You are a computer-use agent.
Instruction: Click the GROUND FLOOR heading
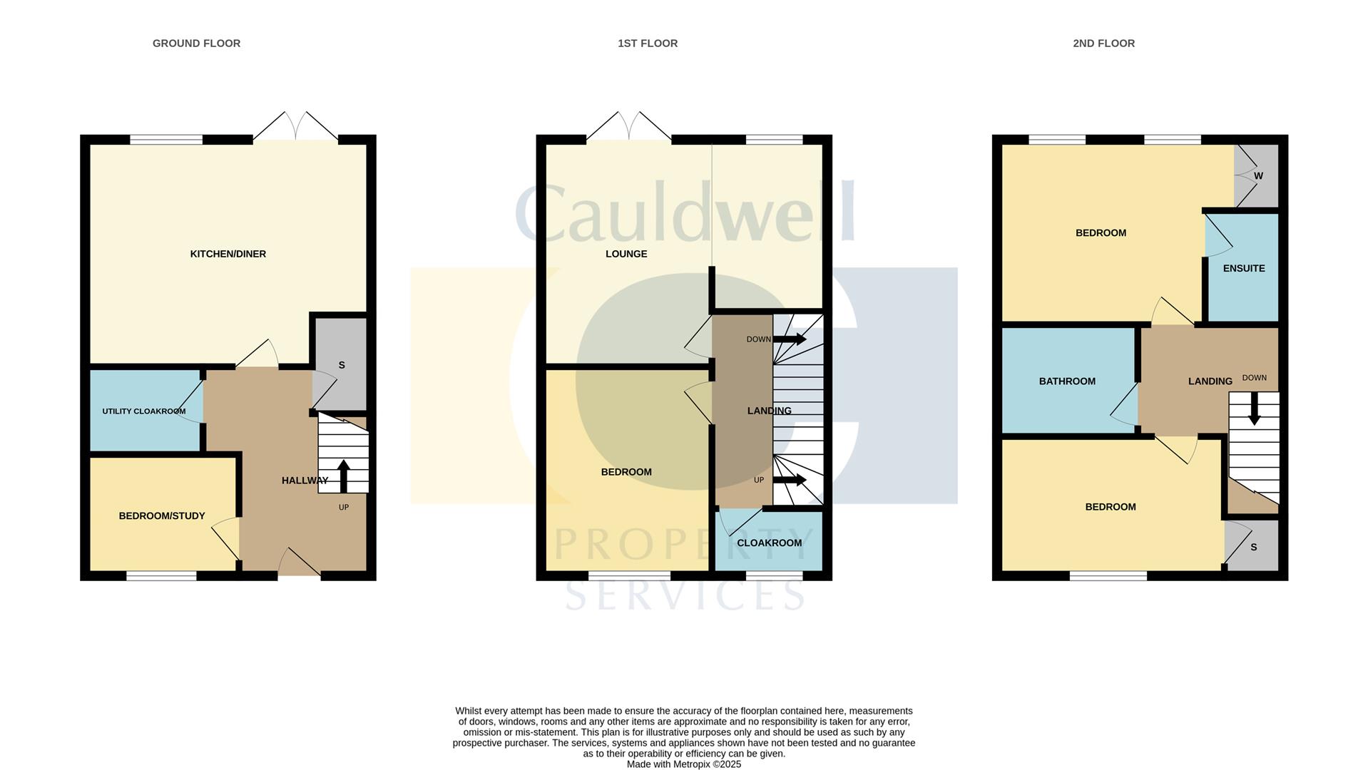click(x=196, y=43)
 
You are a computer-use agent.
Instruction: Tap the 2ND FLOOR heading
click(x=1103, y=43)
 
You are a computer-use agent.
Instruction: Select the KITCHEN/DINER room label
click(x=228, y=254)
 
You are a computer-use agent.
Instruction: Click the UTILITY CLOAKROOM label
click(x=143, y=411)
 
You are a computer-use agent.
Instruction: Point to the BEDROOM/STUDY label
click(x=162, y=515)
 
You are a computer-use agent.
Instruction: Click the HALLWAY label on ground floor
click(x=305, y=481)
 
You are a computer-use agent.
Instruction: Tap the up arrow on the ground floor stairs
click(x=343, y=476)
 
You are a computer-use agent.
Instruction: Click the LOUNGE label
click(x=626, y=254)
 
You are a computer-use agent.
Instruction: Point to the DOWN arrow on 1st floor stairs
click(x=790, y=339)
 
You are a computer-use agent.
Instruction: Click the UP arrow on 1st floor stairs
click(x=790, y=480)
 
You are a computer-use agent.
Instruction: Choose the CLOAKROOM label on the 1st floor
click(x=770, y=543)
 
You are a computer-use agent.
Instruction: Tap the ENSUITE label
click(x=1244, y=268)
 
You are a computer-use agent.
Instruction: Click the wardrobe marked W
click(x=1257, y=176)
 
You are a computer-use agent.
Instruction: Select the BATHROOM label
click(x=1067, y=381)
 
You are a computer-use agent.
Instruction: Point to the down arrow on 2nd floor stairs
click(x=1254, y=411)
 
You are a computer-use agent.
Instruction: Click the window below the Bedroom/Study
click(x=161, y=575)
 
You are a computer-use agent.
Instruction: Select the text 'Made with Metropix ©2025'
click(x=684, y=764)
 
